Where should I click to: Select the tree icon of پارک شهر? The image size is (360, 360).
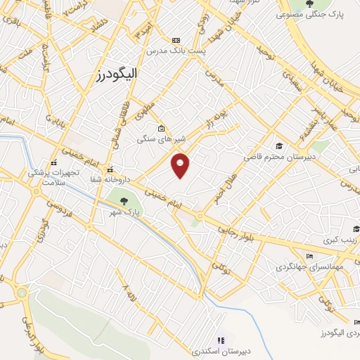point(124,201)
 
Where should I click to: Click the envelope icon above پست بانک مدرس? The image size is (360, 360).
point(175,41)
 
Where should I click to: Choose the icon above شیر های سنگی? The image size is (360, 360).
point(162,128)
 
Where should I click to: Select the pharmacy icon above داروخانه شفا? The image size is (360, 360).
point(109,169)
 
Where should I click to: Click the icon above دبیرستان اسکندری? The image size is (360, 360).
point(221,340)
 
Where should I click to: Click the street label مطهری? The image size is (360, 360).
point(146,108)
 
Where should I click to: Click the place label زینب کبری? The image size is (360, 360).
point(340,240)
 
